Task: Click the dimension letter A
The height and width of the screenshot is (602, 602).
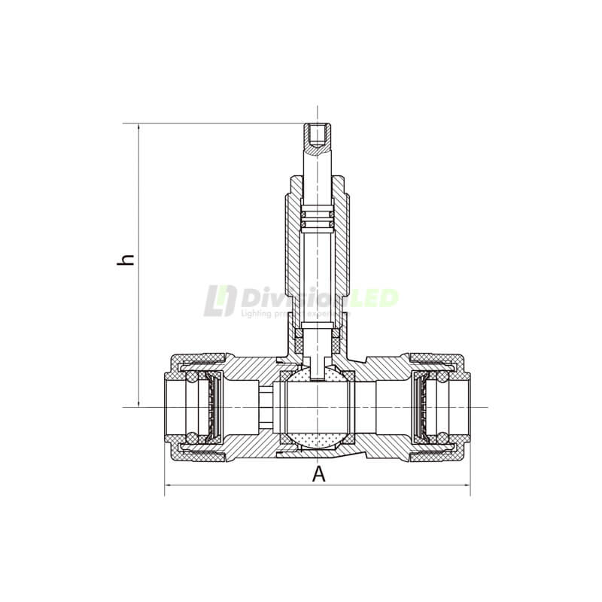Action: [319, 474]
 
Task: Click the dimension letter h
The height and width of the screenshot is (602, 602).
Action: [128, 258]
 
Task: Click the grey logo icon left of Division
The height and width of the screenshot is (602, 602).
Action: [219, 300]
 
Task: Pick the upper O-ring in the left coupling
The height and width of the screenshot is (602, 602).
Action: [193, 378]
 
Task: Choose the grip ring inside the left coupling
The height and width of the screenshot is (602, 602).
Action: [212, 407]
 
